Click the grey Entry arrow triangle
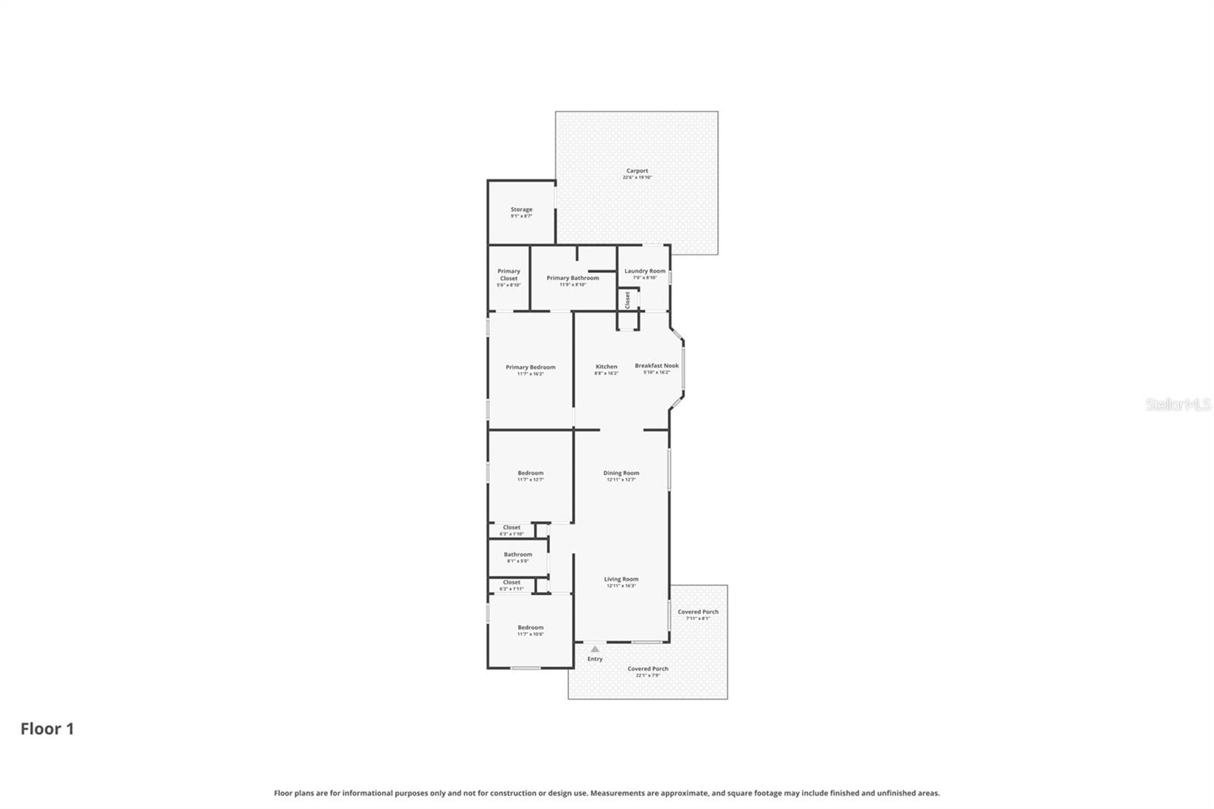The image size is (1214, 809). [x=595, y=649]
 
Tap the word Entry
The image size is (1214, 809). [x=595, y=659]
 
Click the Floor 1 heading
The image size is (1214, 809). [x=47, y=729]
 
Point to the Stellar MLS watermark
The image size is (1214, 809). [x=1178, y=404]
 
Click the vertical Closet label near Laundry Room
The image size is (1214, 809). [x=627, y=300]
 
